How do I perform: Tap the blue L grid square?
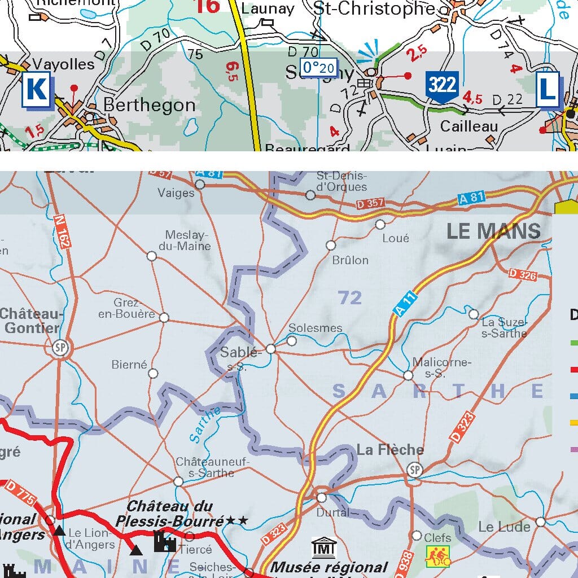coord(547,89)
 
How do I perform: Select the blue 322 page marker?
coord(442,86)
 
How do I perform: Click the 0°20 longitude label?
coord(319,68)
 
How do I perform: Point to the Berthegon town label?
coord(149,106)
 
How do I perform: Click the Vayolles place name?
coord(64,64)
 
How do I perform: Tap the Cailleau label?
coord(469,126)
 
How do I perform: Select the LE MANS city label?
coord(493,231)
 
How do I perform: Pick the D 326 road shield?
coord(522,274)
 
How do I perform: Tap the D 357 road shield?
coord(370,203)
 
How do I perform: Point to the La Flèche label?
coord(390,450)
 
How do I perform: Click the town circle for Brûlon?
coord(331,245)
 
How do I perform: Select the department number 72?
coord(349,297)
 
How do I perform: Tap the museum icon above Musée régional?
coord(324,548)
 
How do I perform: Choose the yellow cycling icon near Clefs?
coord(438,556)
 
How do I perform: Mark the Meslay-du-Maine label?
coord(187,240)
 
